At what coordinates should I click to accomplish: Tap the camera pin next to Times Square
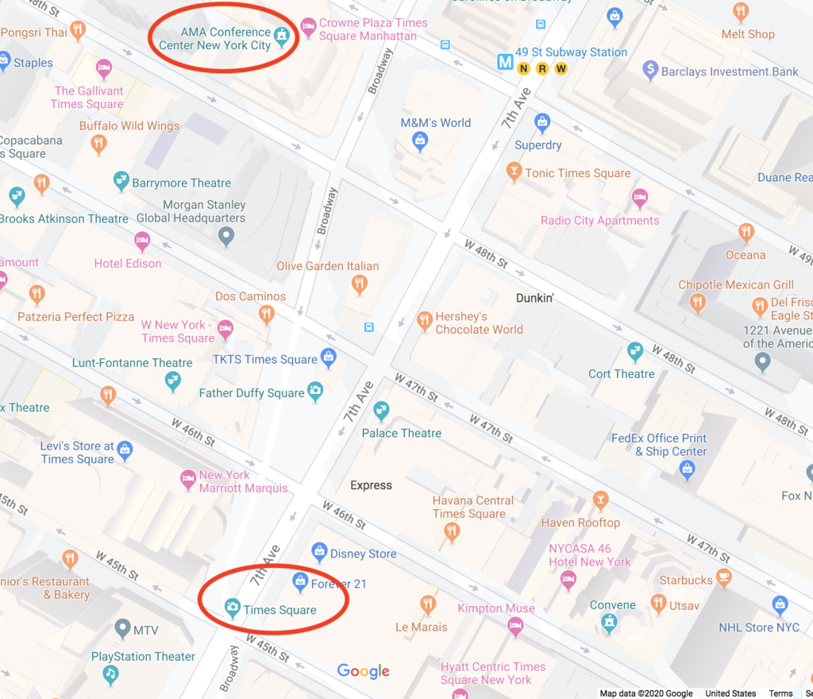233,608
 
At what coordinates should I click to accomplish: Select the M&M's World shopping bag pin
420,141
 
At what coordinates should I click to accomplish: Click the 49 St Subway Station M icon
504,60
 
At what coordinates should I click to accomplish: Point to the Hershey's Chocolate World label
479,322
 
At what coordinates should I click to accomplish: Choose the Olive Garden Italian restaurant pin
360,284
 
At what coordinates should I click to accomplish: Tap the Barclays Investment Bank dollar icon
650,71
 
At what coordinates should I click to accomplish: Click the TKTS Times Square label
264,359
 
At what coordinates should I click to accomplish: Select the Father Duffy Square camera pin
315,391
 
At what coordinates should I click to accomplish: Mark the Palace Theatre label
401,433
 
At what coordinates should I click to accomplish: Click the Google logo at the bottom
363,671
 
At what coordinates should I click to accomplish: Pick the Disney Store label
363,554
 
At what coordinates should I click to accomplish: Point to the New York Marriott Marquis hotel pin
188,478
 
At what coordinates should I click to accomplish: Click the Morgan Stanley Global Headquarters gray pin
226,235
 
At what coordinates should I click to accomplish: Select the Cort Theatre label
621,373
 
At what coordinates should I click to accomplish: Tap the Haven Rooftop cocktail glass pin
601,500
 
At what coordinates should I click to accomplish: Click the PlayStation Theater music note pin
112,674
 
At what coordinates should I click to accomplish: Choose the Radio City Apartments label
599,220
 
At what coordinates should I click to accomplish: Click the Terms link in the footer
780,693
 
